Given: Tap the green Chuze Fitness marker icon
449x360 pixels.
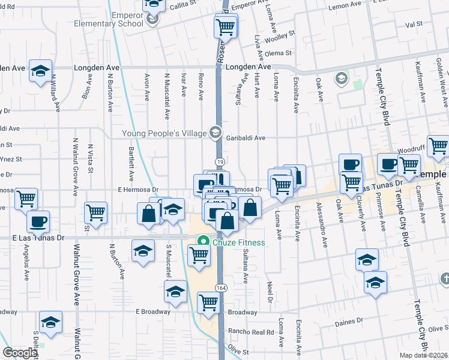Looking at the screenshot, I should click(203, 242).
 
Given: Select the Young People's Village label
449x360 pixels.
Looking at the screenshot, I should click(164, 133).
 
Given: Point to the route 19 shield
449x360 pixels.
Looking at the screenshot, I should click(220, 162).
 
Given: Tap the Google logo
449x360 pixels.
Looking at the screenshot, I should click(20, 353).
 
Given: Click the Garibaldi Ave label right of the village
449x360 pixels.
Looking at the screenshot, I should click(246, 137).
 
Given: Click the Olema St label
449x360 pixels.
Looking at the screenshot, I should click(278, 53).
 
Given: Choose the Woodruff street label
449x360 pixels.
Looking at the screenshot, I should click(411, 147).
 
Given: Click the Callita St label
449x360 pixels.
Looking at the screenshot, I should click(182, 4).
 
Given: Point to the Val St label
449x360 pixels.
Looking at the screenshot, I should click(414, 25).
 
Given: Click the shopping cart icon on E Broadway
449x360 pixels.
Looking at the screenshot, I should click(208, 302).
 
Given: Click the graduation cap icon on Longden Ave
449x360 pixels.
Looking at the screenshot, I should click(40, 71).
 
